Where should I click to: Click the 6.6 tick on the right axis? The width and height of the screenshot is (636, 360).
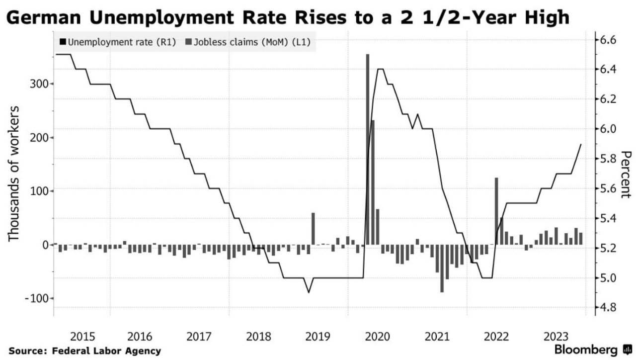pyautogui.click(x=605, y=40)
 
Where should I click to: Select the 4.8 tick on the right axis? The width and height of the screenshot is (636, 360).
pyautogui.click(x=605, y=308)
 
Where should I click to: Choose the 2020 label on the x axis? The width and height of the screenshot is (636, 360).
pyautogui.click(x=377, y=336)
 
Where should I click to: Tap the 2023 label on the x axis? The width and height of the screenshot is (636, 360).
pyautogui.click(x=556, y=336)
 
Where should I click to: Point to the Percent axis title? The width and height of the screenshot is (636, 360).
pyautogui.click(x=626, y=174)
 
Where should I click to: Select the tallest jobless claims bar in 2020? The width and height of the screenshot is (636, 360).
pyautogui.click(x=368, y=149)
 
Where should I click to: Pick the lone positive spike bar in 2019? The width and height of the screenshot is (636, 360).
pyautogui.click(x=313, y=229)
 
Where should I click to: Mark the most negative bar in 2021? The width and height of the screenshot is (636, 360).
pyautogui.click(x=442, y=269)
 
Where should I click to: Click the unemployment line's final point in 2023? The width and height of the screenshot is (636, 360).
pyautogui.click(x=581, y=144)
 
